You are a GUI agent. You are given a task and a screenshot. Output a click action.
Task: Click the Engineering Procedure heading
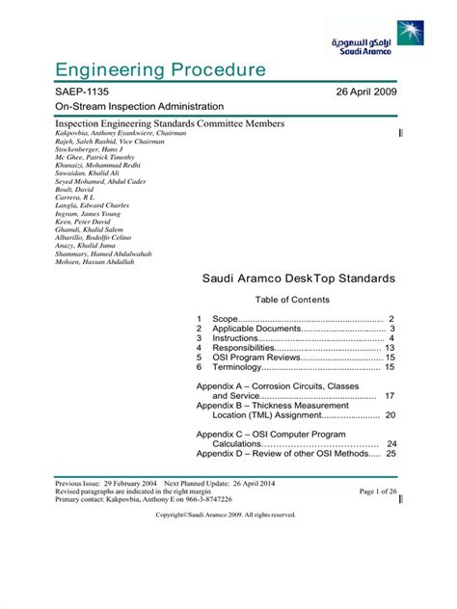(159, 69)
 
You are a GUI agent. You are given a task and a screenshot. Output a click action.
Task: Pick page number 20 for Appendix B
(390, 415)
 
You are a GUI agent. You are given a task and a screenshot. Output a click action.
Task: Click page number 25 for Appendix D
(390, 453)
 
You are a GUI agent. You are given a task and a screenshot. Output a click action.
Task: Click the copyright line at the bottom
(226, 515)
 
